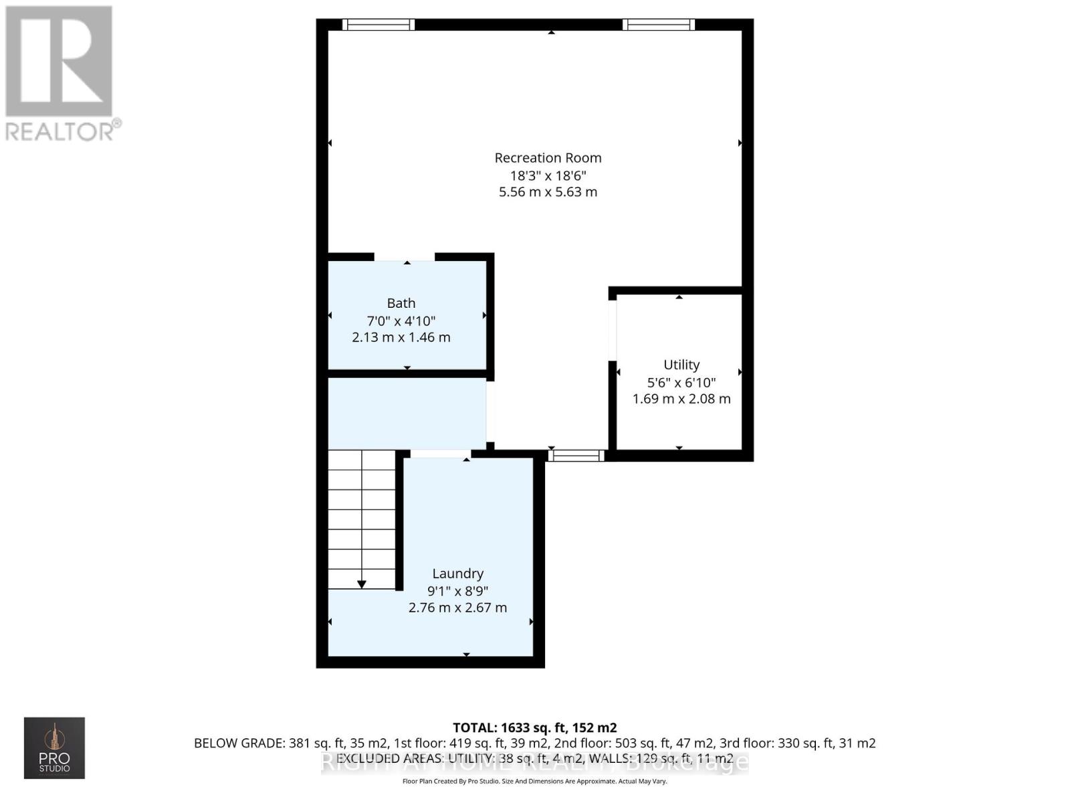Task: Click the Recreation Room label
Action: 548,158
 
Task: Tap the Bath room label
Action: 401,303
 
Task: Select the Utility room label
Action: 681,365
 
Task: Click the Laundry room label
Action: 457,573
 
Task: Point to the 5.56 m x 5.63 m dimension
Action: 548,192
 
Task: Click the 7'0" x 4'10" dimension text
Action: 401,321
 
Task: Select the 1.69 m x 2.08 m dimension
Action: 681,399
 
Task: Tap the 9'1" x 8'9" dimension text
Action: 457,591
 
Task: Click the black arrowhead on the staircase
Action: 362,584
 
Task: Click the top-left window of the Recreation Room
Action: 379,25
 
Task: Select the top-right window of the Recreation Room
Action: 659,25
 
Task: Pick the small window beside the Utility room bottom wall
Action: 576,456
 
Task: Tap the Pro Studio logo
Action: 54,747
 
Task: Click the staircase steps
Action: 362,515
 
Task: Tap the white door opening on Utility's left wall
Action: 612,331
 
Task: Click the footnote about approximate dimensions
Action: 534,781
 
